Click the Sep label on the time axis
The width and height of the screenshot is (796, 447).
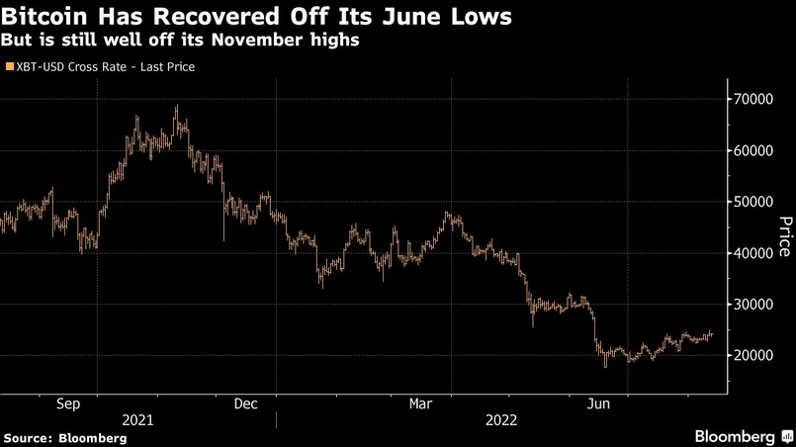coord(68,403)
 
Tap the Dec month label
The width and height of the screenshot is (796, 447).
coord(245,403)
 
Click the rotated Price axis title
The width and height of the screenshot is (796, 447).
coord(785,236)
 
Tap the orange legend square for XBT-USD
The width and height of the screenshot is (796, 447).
coord(8,67)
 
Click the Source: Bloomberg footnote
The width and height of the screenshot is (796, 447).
coord(65,437)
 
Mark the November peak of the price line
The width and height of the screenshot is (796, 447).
coord(176,107)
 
